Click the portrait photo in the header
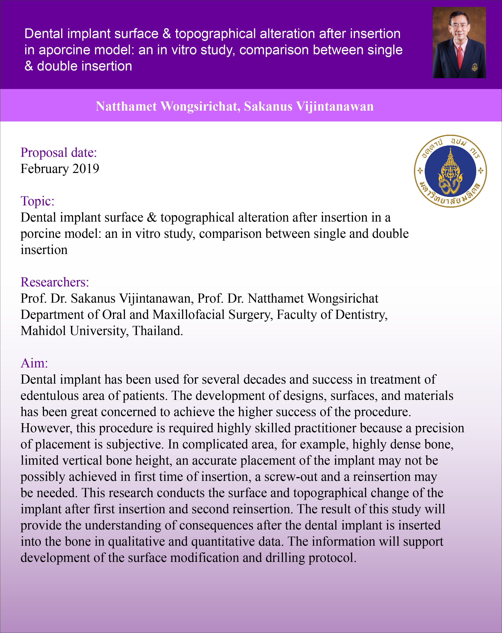pyautogui.click(x=459, y=43)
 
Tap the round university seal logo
pyautogui.click(x=450, y=171)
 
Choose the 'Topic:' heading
pyautogui.click(x=37, y=201)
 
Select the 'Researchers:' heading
pyautogui.click(x=55, y=282)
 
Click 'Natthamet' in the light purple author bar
pyautogui.click(x=126, y=106)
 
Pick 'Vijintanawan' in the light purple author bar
pyautogui.click(x=335, y=106)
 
